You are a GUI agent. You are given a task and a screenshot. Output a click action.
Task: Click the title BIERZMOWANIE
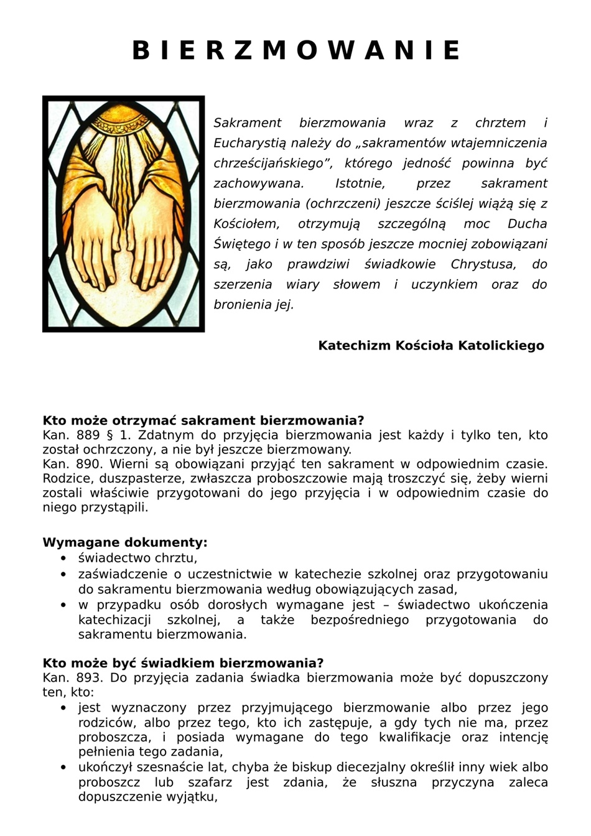pos(295,50)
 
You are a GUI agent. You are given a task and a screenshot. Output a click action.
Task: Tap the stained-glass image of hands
pos(123,213)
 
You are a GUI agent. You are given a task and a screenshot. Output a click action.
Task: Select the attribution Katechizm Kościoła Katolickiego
pos(430,345)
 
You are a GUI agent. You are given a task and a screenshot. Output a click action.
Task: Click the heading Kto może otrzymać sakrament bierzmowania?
pos(203,420)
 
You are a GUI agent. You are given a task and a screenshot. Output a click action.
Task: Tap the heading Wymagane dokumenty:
pos(124,542)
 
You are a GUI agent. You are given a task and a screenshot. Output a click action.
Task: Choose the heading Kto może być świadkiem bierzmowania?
pos(183,663)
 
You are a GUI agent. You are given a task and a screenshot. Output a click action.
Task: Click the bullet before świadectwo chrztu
pos(63,559)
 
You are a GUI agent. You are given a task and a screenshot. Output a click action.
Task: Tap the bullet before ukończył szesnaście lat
pos(63,768)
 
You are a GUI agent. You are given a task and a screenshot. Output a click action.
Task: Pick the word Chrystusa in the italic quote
pos(483,264)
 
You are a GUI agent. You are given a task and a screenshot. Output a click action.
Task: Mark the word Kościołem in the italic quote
pos(246,224)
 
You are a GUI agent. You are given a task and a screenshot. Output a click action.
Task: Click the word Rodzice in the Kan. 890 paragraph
pos(66,478)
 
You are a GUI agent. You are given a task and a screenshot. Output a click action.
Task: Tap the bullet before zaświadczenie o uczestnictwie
pos(63,574)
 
